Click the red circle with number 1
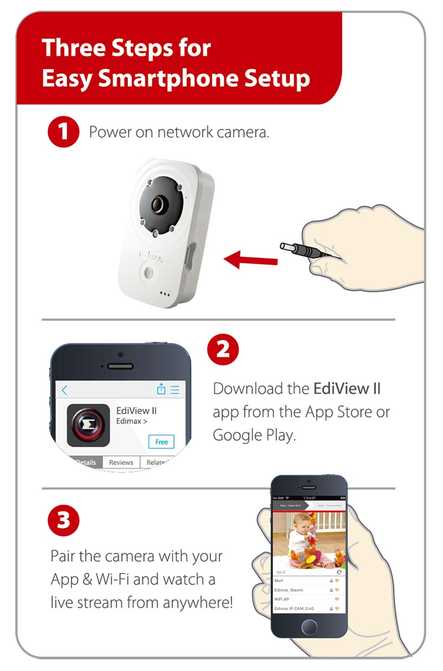pyautogui.click(x=64, y=132)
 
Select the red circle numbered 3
pyautogui.click(x=64, y=521)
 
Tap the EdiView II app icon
pyautogui.click(x=88, y=425)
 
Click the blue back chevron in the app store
pyautogui.click(x=64, y=390)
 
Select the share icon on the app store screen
pyautogui.click(x=161, y=389)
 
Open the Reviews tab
pyautogui.click(x=121, y=462)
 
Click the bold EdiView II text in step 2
pyautogui.click(x=347, y=388)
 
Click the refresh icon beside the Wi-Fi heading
pyautogui.click(x=339, y=571)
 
